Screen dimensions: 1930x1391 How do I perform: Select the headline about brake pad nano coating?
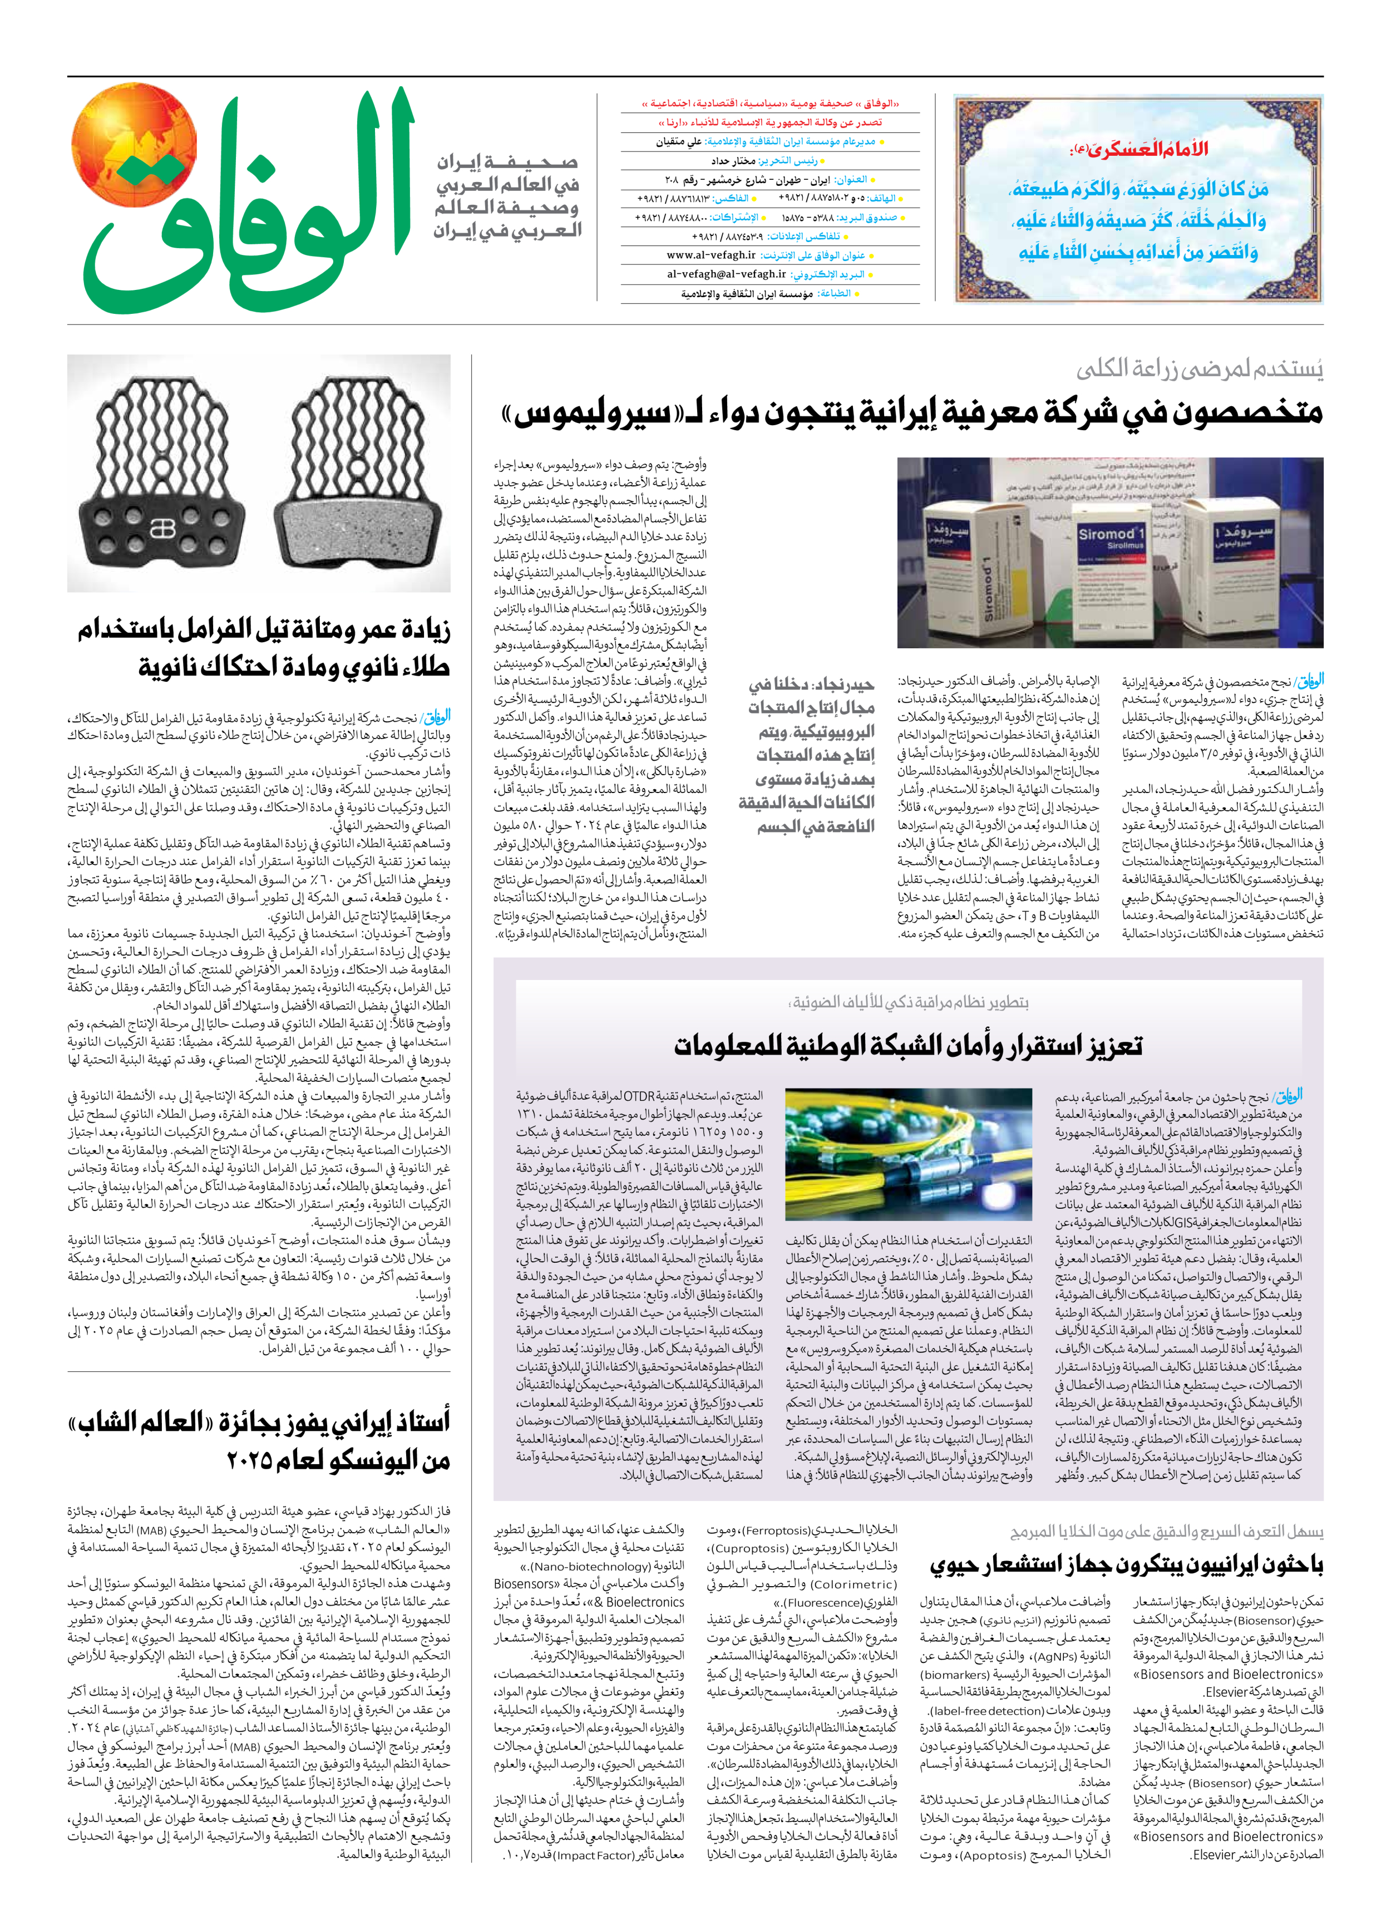[264, 648]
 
